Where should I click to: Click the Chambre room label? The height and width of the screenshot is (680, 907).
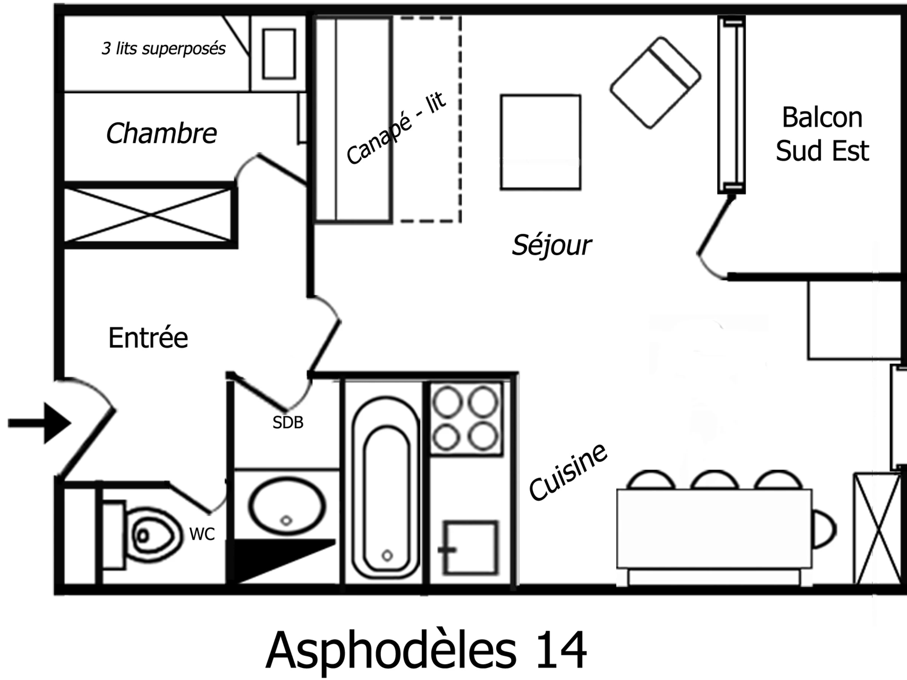coord(161,134)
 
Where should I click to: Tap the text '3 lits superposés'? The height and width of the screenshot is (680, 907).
coord(163,49)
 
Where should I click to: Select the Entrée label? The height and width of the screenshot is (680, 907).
coord(148,338)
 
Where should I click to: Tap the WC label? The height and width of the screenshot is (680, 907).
coord(202,535)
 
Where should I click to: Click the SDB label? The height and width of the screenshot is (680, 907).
coord(288,423)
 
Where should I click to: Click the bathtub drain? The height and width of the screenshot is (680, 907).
coord(387,556)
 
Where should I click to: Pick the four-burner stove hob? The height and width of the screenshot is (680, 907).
coord(466,419)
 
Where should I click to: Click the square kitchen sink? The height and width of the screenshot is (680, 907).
coord(471,547)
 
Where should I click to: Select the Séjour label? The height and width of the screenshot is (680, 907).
coord(551,245)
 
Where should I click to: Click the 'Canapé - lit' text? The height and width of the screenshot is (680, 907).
coord(396,128)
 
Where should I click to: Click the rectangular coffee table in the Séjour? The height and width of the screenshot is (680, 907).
coord(540,142)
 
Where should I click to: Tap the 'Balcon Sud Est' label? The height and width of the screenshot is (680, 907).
coord(822,134)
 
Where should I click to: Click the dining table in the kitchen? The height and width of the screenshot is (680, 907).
coord(714,529)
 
